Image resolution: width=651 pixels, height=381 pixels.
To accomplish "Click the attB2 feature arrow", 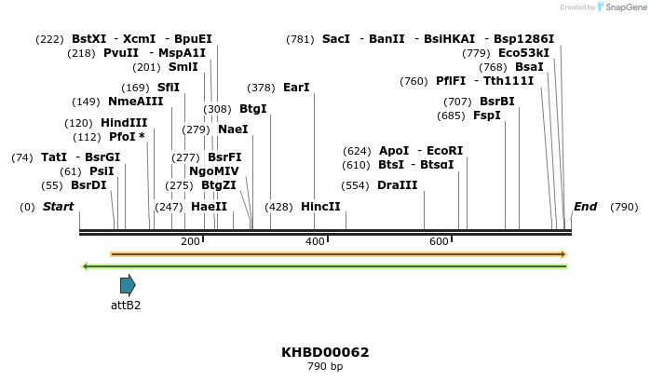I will pos(128,285).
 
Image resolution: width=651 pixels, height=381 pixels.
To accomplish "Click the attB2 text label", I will pos(126,305).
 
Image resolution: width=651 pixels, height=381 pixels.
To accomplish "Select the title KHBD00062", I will pos(325,352).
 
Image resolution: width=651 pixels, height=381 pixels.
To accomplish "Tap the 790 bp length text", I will pos(325,367).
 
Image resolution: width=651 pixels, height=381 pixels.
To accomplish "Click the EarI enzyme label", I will pos(296,88).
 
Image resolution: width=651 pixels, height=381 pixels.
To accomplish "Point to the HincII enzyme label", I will pos(320,207).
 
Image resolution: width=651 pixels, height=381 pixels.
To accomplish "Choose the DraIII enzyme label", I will pos(398,185).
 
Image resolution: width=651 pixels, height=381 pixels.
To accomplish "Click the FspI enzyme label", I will pos(487,116).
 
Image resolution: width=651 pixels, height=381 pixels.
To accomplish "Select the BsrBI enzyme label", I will pos(496,102).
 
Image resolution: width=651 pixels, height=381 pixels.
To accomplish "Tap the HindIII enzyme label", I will pos(124,123).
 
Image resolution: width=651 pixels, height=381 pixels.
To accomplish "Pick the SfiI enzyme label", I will pos(169,88).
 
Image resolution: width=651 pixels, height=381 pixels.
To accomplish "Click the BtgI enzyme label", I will pos(252,109).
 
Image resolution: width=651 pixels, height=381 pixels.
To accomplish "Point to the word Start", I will pos(59,207).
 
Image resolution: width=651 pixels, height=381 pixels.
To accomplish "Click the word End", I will pos(585,207).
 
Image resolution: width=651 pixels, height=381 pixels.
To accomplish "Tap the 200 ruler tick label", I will pos(190,242).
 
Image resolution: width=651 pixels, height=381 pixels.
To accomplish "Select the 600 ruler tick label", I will pos(439,242).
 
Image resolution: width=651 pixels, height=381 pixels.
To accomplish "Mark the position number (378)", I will pos(261,88).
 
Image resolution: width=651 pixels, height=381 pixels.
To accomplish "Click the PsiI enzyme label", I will pos(102,171).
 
